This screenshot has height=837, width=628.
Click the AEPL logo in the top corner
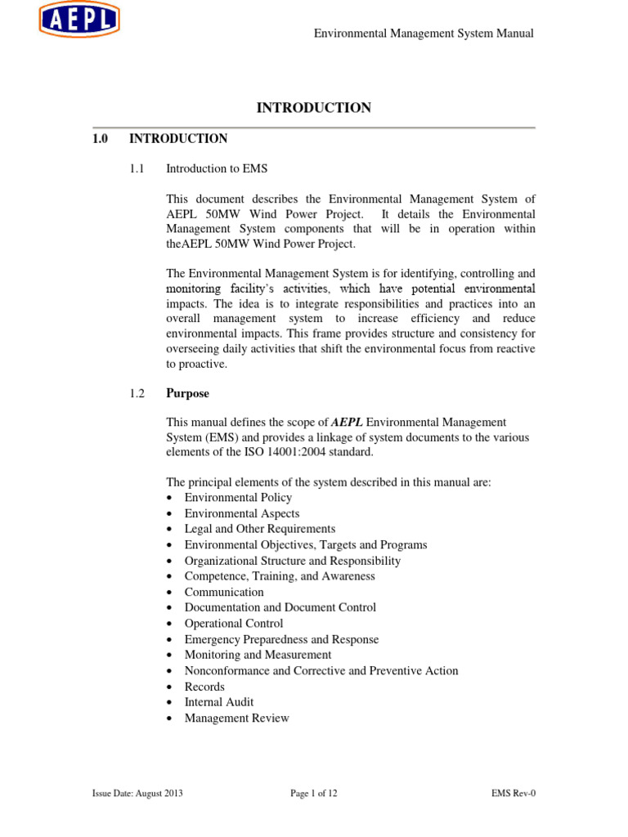pos(78,20)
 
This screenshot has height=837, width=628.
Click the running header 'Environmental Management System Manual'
pos(424,34)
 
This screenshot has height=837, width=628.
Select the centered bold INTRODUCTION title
pos(314,108)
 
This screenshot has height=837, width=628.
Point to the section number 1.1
pos(137,168)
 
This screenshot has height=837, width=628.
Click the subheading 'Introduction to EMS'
pos(217,168)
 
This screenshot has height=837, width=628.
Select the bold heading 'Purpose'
pos(187,393)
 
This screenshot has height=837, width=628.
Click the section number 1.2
pos(137,393)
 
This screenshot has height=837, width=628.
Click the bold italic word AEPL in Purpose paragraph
pos(346,422)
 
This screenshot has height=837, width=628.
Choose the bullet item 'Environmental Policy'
pos(238,497)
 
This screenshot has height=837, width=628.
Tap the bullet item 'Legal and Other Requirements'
pos(260,529)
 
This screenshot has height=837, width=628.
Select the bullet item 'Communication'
pos(224,592)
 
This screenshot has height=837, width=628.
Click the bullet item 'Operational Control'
pos(234,624)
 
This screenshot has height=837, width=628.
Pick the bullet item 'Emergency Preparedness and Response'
pos(281,639)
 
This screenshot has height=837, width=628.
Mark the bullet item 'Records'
pos(204,687)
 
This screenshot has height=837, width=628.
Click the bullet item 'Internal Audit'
pos(219,702)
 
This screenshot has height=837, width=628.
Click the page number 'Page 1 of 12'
pos(314,794)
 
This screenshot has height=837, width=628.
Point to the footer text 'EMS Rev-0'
pos(513,794)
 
